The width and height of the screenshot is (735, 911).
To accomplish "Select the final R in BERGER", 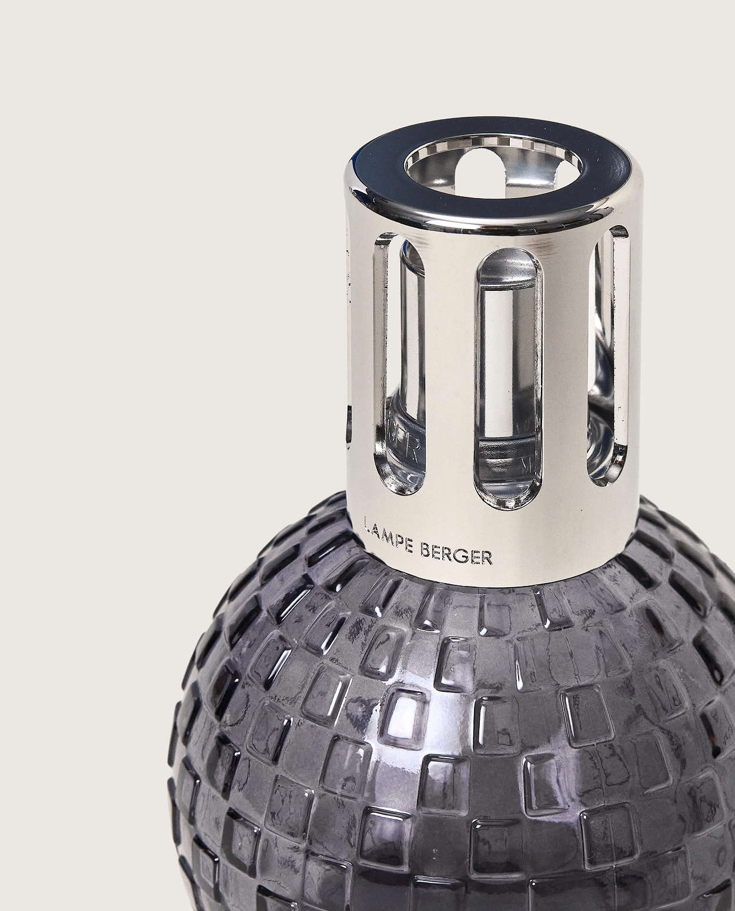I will [x=487, y=558].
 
